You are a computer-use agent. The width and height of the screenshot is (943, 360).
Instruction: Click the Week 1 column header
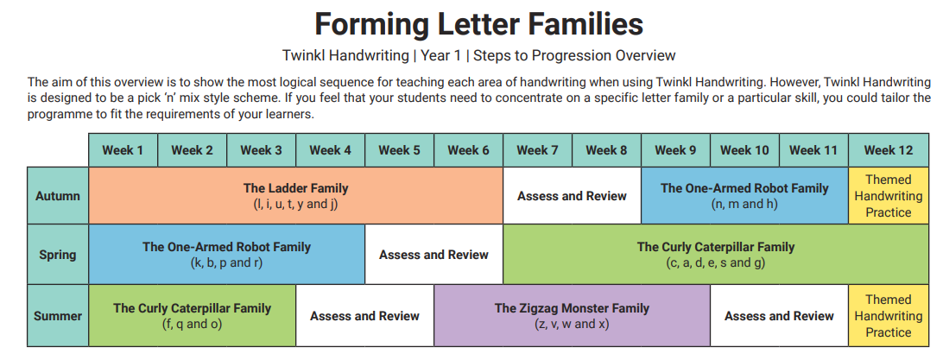click(123, 150)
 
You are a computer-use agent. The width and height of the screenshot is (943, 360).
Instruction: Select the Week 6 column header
click(469, 150)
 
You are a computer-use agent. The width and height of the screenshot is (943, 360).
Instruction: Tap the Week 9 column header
click(675, 150)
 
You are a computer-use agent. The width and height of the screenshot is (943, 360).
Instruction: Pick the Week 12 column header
click(889, 150)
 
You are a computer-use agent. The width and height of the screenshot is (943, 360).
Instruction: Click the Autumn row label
click(58, 196)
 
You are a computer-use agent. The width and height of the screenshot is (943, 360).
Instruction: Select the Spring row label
click(58, 255)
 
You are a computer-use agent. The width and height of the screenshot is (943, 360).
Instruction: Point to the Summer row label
click(58, 315)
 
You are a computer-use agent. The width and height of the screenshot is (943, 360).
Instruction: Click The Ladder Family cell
click(296, 196)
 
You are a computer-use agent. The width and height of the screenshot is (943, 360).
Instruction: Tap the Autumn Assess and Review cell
click(572, 196)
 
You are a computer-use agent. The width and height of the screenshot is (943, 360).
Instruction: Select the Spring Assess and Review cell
click(434, 255)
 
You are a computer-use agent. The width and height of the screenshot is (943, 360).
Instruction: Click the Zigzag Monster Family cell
click(572, 315)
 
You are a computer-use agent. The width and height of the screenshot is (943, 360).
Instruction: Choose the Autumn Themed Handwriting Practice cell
click(889, 196)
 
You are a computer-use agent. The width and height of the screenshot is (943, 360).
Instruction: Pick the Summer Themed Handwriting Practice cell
click(889, 315)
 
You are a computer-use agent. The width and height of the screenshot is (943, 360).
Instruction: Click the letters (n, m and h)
click(744, 205)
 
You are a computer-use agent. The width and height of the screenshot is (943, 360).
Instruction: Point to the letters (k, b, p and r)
click(227, 263)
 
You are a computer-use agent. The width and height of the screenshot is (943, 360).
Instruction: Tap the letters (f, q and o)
click(192, 325)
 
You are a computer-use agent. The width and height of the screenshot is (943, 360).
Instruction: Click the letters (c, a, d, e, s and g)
click(716, 263)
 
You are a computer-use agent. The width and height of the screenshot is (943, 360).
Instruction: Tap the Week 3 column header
click(261, 150)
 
